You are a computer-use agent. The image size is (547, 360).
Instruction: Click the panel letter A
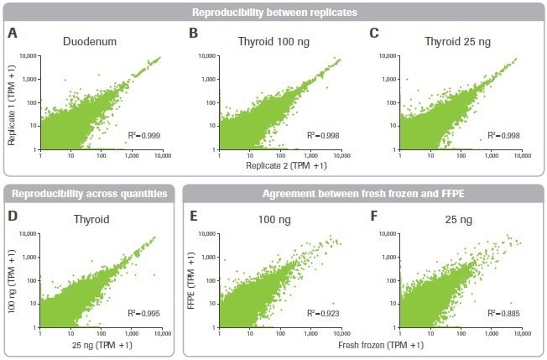tap(13, 34)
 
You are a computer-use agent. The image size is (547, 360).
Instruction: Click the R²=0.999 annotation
tap(143, 135)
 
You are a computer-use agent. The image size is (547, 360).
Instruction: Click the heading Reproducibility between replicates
tap(273, 13)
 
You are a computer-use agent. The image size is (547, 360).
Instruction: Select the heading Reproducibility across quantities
tap(91, 191)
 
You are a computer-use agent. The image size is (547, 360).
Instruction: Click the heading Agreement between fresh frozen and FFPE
tap(363, 191)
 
